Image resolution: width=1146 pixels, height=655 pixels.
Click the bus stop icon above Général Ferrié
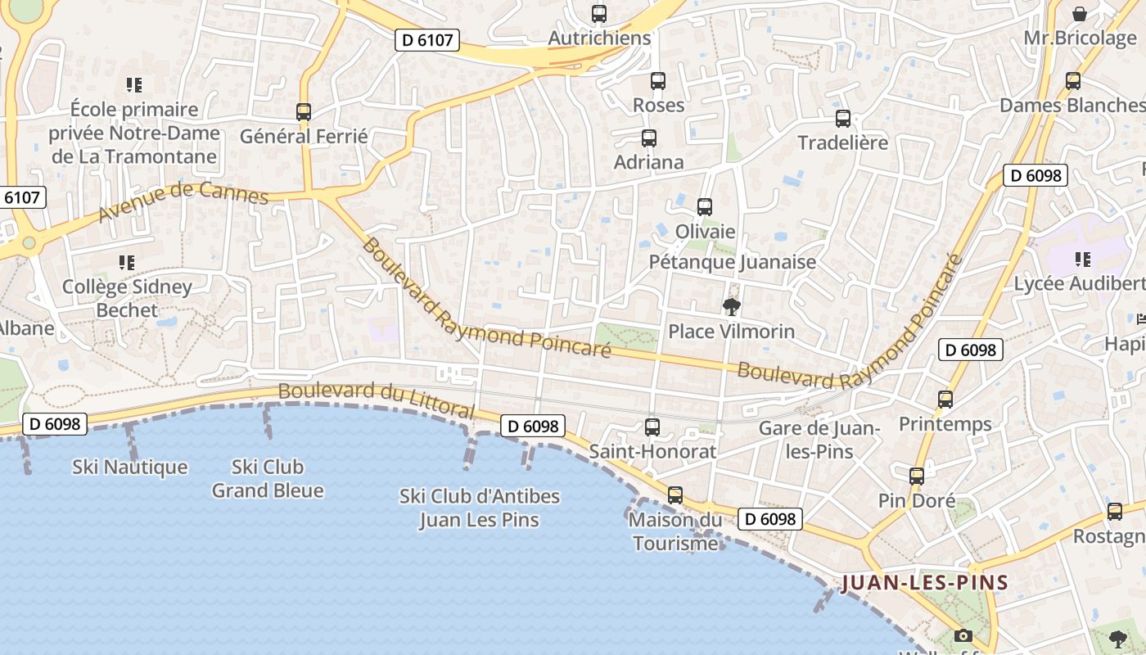(x=304, y=112)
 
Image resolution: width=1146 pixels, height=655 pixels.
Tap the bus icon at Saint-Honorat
(x=652, y=427)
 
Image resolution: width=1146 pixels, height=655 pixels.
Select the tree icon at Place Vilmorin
(x=731, y=307)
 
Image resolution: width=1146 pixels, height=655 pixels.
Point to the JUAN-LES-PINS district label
(x=924, y=583)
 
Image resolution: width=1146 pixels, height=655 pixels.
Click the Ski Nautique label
(x=129, y=468)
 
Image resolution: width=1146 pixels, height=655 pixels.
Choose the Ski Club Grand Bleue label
(x=268, y=479)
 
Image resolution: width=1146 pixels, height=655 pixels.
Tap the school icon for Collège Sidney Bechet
(x=127, y=263)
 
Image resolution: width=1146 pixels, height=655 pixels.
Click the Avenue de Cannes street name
(x=183, y=202)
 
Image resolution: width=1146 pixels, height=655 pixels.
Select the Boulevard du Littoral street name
(x=377, y=400)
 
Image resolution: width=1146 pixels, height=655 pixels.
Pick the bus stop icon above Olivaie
(x=705, y=207)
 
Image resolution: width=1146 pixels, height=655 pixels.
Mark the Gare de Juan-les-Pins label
(x=819, y=440)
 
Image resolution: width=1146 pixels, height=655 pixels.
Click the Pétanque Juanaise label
(x=733, y=262)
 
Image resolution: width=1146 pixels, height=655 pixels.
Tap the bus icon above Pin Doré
(x=917, y=477)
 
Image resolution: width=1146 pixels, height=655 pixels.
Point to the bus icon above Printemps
(x=945, y=400)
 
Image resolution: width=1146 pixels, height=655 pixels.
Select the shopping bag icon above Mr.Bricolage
(x=1080, y=14)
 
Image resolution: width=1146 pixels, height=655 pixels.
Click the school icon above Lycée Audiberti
(x=1083, y=260)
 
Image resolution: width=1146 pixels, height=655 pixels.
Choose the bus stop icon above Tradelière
(x=843, y=119)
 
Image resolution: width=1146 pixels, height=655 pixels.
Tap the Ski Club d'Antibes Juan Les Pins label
(x=480, y=508)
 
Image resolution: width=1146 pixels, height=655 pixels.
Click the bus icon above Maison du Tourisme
(x=675, y=495)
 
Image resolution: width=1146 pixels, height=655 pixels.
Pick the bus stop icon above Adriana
(x=649, y=138)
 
